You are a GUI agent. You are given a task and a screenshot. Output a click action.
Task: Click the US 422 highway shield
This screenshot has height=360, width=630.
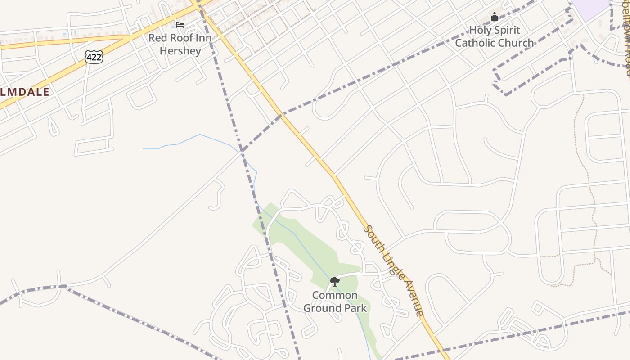(94, 57)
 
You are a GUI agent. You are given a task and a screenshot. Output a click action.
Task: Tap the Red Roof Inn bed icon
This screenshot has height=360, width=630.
(180, 24)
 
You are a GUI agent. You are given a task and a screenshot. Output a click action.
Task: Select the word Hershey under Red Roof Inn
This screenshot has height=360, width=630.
(180, 50)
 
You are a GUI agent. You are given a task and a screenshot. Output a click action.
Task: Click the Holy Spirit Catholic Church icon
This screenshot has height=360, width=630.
(495, 17)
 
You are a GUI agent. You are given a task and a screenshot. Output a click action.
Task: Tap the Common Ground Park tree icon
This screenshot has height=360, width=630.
(334, 282)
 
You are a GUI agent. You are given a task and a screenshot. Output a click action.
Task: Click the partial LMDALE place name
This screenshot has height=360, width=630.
(25, 92)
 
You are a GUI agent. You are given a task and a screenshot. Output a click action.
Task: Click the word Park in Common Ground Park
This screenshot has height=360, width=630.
(356, 308)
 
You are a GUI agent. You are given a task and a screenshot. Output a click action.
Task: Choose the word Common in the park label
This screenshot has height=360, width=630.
(335, 296)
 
